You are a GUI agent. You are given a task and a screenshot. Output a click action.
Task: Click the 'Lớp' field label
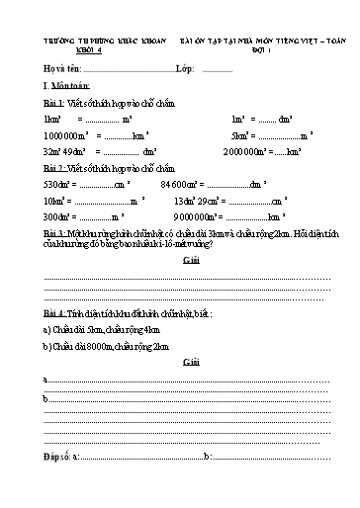tap(183, 70)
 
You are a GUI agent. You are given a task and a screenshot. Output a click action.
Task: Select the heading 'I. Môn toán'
tap(64, 87)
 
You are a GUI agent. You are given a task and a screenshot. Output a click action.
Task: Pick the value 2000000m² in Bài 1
tap(247, 152)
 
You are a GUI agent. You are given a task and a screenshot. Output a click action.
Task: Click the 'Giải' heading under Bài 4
tap(191, 364)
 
